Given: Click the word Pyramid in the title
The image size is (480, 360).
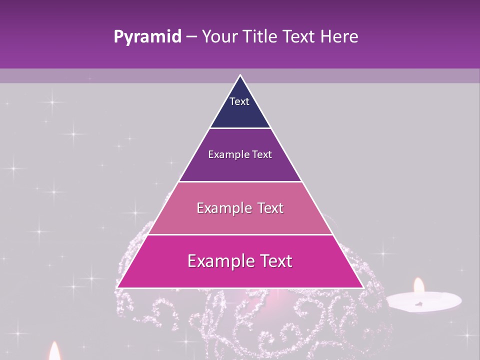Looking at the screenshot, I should pos(147,37).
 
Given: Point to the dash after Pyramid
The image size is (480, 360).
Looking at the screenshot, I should pos(191,37).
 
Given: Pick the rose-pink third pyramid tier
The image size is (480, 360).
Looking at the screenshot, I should pos(240,220).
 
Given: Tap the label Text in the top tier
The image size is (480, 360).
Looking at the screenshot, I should pos(239,101).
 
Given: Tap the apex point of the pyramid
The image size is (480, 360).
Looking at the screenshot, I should pos(240,75).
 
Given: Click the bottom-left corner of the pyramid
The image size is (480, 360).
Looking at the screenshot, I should pos(117,287).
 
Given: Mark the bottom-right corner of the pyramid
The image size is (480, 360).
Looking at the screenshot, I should pos(363,287).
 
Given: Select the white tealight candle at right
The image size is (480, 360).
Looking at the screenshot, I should pos(423,301).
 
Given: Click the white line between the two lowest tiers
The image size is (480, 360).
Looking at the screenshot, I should pos(240,234).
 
